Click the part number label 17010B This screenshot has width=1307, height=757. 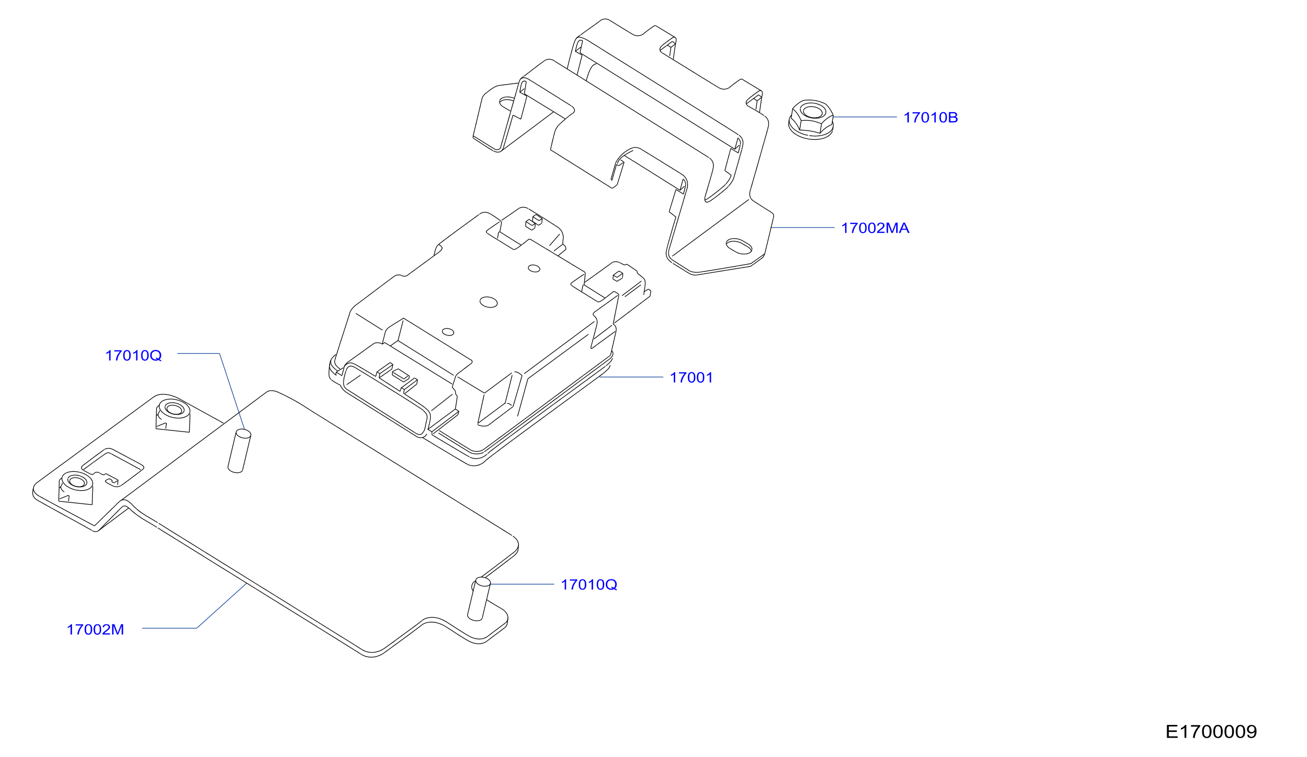tap(930, 118)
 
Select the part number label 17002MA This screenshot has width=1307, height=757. tap(875, 228)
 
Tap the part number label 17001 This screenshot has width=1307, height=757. tap(692, 377)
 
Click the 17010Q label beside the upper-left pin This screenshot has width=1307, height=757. tap(133, 356)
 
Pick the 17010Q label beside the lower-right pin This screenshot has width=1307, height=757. tap(589, 585)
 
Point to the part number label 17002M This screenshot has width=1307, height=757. tap(95, 629)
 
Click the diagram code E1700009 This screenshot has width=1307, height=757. tap(1211, 731)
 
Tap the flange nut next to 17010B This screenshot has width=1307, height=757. tap(810, 120)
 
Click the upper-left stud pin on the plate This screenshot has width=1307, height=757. tap(240, 451)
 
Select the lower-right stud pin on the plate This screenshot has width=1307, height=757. tap(479, 599)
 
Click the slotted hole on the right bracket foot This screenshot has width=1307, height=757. tap(738, 246)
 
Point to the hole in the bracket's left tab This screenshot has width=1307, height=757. tap(508, 103)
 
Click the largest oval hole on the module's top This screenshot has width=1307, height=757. tap(488, 302)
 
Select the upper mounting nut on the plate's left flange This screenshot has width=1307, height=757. tap(173, 416)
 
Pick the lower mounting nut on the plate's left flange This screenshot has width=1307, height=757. tap(76, 488)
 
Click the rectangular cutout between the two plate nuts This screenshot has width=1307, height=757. tap(113, 468)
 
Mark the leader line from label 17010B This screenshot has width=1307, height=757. tap(865, 117)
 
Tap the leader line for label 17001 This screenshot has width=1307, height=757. tap(631, 377)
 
